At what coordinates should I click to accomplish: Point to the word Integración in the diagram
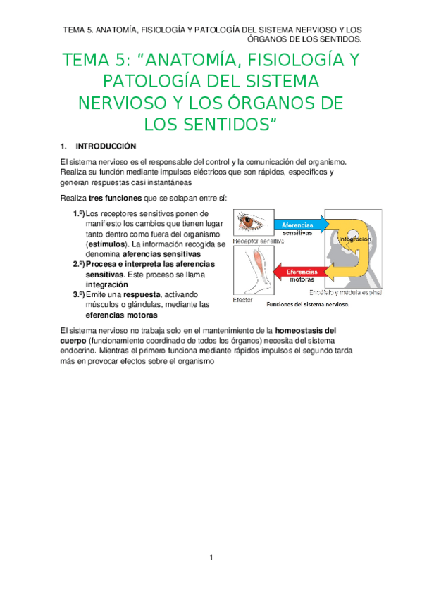[354, 239]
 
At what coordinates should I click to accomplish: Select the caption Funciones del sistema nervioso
[308, 306]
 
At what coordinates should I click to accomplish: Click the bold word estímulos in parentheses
[99, 244]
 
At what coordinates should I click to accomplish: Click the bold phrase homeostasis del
[305, 329]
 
